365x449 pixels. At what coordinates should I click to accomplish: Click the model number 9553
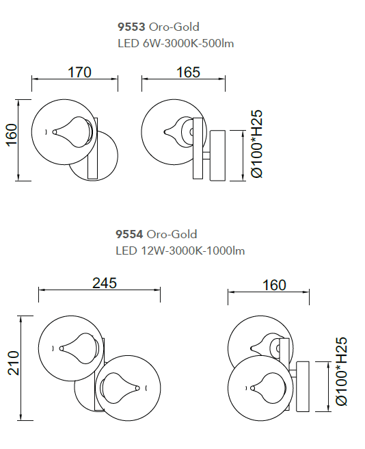tap(131, 27)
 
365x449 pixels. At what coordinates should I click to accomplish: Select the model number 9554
tap(129, 234)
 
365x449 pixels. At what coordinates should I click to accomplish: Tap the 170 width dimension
tap(79, 72)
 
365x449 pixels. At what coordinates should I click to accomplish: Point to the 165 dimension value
tap(188, 72)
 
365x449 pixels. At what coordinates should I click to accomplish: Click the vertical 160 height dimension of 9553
tap(12, 135)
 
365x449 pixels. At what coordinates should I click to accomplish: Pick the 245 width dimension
tap(105, 283)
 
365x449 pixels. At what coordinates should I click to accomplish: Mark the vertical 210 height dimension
tap(14, 363)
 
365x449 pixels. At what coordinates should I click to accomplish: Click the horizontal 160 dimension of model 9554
tap(274, 285)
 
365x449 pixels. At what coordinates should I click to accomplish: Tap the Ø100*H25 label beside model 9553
tap(256, 144)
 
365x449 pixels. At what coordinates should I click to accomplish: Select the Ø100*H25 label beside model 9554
tap(342, 372)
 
